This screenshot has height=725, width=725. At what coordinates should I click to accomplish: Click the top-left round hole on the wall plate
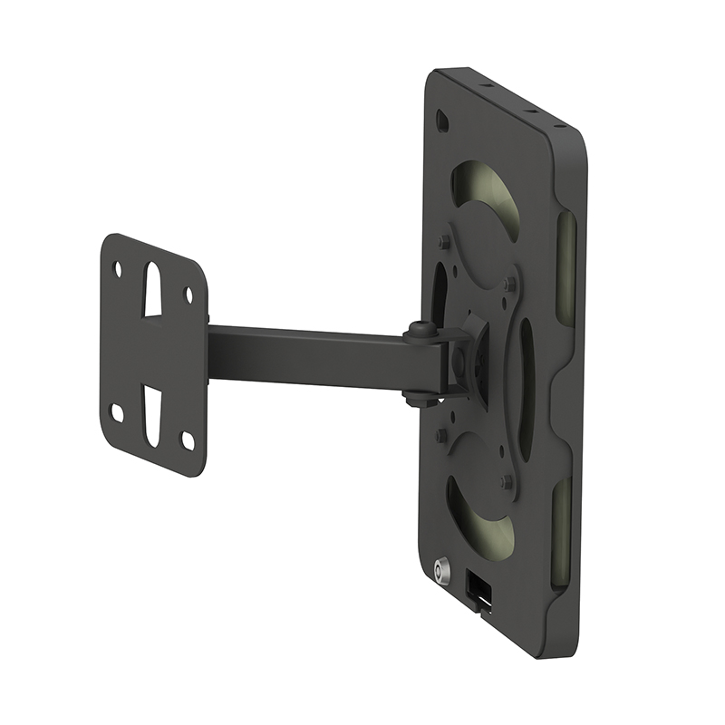coord(117,269)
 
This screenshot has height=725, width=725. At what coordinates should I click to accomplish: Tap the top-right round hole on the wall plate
coord(188,295)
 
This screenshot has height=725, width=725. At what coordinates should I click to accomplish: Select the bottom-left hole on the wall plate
coord(117,412)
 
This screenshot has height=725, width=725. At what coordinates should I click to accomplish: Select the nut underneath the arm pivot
coord(418,396)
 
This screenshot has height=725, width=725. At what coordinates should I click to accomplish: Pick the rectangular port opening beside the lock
coord(478,588)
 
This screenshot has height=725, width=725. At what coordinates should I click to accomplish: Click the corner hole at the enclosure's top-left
coord(441,120)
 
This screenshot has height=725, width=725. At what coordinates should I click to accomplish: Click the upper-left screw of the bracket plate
coord(444,242)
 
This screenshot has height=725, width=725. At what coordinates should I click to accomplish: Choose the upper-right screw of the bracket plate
coord(510,285)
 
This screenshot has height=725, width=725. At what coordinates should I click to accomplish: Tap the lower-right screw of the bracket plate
coord(508,481)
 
